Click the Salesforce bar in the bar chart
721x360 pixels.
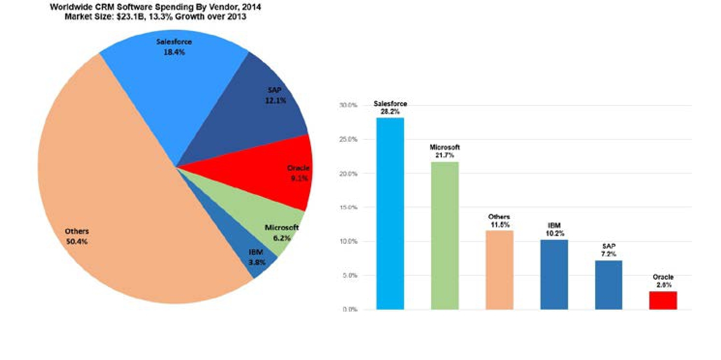[390, 213]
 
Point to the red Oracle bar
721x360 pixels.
[663, 300]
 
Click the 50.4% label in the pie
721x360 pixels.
[77, 241]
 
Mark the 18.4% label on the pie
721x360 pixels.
[174, 52]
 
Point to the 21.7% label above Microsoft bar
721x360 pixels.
[445, 155]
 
